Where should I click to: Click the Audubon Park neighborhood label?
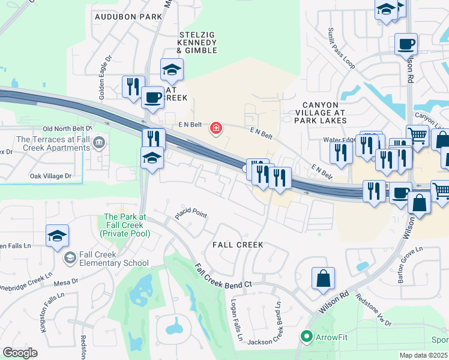128,17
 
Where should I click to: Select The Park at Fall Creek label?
125,225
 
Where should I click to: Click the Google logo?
20,352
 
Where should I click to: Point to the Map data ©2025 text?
423,355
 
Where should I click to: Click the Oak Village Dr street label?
50,176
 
